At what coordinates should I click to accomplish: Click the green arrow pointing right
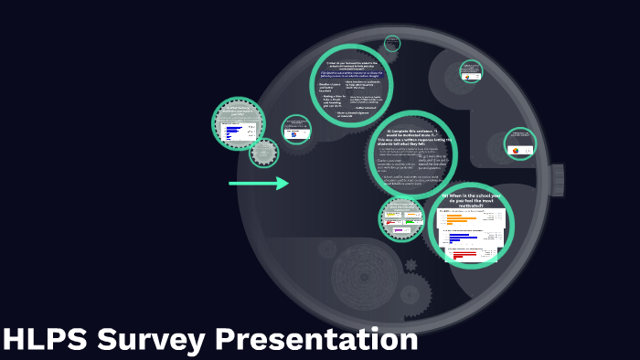tap(259, 184)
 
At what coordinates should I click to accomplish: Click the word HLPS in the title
tap(45, 340)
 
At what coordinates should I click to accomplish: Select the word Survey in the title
tap(151, 340)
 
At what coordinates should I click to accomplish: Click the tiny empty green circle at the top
tap(392, 43)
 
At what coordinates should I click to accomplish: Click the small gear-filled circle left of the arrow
tap(264, 153)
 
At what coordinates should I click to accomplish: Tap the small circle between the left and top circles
tap(296, 130)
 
